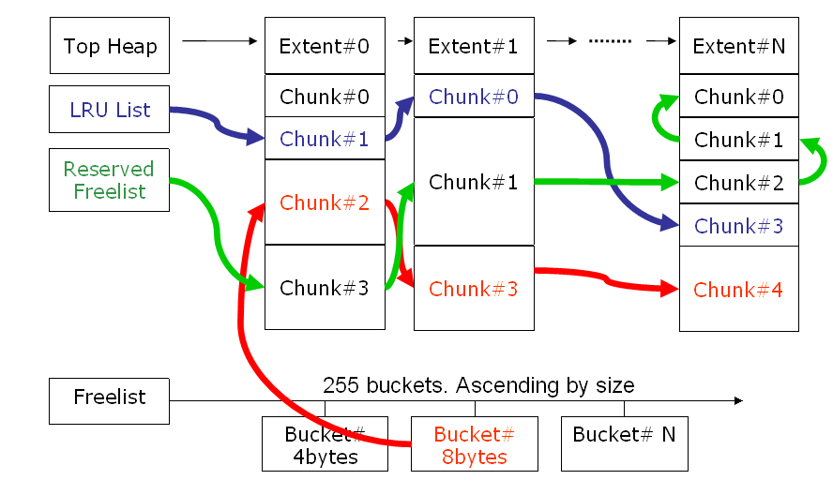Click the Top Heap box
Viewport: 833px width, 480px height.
(110, 46)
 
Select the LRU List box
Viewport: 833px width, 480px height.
(110, 110)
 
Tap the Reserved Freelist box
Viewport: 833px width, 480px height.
(109, 180)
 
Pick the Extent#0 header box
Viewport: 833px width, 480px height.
(325, 46)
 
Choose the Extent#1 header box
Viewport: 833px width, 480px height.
(473, 46)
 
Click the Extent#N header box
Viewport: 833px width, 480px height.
(738, 46)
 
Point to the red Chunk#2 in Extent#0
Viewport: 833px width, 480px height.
(325, 202)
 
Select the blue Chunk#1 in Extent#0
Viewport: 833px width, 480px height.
(325, 139)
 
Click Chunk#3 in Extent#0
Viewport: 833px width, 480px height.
(325, 287)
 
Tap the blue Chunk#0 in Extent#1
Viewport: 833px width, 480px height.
(473, 96)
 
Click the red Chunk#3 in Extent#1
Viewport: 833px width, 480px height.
(473, 288)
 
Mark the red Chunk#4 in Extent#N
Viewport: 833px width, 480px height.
(738, 289)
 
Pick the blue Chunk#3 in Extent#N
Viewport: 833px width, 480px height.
(738, 225)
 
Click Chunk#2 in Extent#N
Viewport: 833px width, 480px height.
(738, 183)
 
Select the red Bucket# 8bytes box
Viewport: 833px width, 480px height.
(474, 444)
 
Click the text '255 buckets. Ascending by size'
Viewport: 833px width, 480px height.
(478, 385)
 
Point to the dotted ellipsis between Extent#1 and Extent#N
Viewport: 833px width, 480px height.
(610, 42)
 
